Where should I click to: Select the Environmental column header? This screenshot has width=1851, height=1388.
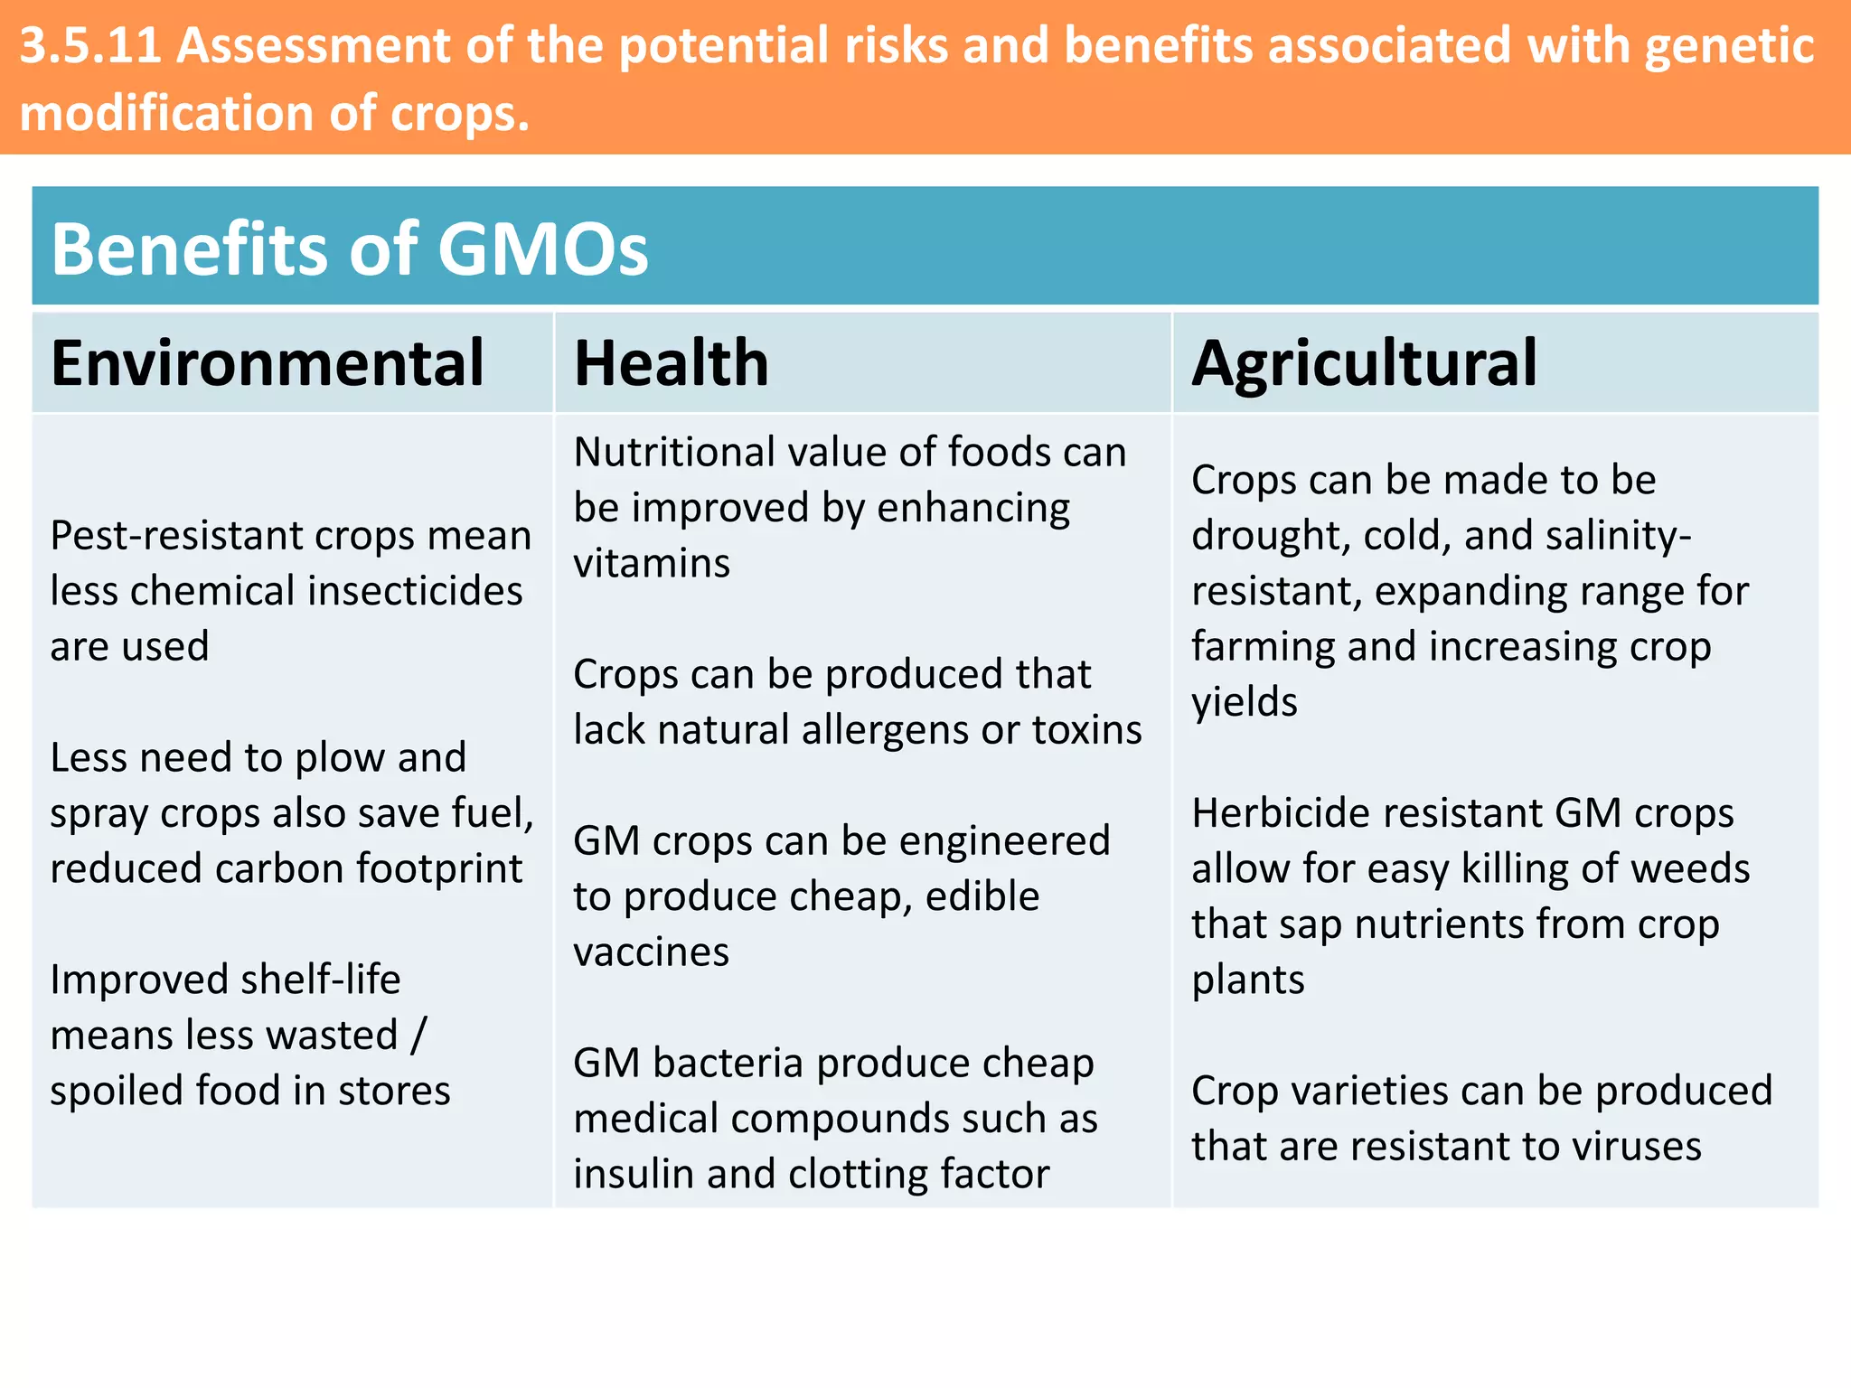click(x=268, y=363)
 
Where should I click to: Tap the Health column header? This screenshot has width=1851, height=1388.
click(x=671, y=363)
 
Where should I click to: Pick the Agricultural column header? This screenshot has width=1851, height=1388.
click(x=1363, y=363)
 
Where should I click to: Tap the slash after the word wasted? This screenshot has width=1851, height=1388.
click(x=418, y=1036)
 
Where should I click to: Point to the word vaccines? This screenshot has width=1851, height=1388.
click(x=651, y=952)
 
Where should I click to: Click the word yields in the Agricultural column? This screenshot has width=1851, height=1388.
click(x=1244, y=703)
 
